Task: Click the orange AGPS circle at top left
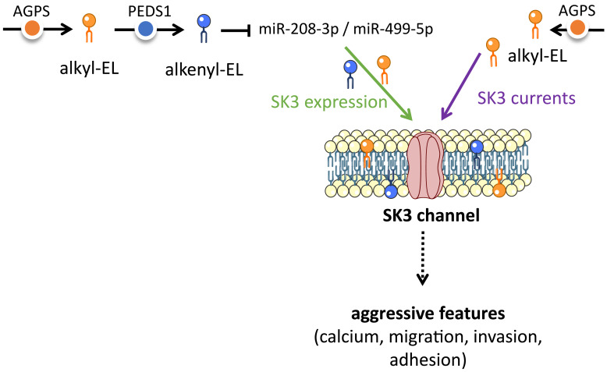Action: (32, 29)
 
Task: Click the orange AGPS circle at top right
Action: (577, 28)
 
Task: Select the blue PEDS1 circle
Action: (146, 29)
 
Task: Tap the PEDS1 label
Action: (150, 11)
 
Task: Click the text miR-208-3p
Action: (299, 29)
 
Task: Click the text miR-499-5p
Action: (393, 29)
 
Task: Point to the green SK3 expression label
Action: (329, 102)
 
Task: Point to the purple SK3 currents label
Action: (527, 98)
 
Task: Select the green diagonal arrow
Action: (378, 83)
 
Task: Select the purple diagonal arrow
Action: (461, 86)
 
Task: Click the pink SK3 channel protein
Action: (425, 165)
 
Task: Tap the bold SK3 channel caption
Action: (431, 215)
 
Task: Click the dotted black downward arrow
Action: (422, 258)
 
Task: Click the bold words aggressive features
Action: (428, 314)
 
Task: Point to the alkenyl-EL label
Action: (204, 70)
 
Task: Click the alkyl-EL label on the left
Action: (89, 69)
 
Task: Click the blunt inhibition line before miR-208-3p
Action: (236, 30)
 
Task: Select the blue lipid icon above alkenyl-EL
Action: (204, 28)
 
